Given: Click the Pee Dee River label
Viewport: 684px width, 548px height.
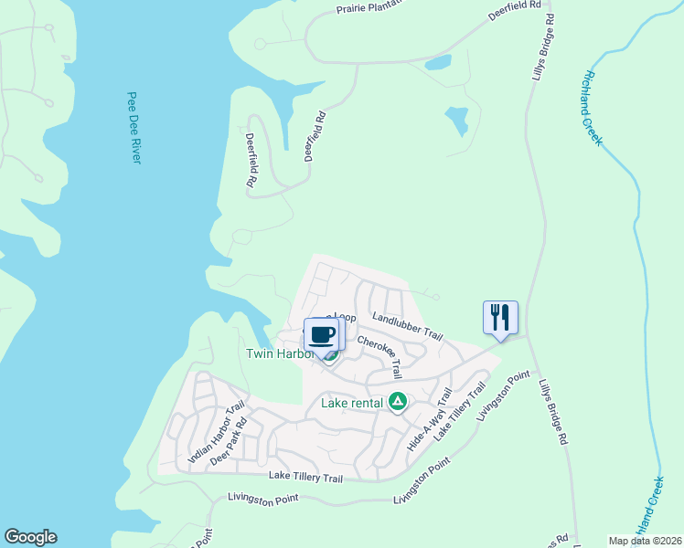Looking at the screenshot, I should pyautogui.click(x=134, y=127).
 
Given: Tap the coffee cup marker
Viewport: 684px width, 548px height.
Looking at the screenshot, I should pyautogui.click(x=321, y=334).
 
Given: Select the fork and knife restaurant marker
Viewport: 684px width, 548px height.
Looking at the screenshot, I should pyautogui.click(x=500, y=318).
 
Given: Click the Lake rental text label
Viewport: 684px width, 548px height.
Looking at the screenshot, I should pyautogui.click(x=352, y=402).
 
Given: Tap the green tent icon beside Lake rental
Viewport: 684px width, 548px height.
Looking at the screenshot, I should pyautogui.click(x=398, y=401).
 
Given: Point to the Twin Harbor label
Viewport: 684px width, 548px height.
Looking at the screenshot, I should pyautogui.click(x=279, y=353).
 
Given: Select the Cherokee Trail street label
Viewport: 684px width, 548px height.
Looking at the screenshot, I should pyautogui.click(x=379, y=355).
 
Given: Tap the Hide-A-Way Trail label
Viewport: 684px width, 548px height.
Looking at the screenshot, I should pyautogui.click(x=430, y=418).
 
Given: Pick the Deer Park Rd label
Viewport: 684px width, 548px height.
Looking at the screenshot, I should pyautogui.click(x=229, y=443).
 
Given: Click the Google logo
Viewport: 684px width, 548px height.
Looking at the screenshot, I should pyautogui.click(x=30, y=537).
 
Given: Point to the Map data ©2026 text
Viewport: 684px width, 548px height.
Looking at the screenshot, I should pyautogui.click(x=644, y=540).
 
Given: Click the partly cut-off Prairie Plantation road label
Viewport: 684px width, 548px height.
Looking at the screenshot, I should pyautogui.click(x=351, y=8).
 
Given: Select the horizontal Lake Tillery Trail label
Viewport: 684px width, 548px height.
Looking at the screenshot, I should pyautogui.click(x=306, y=477).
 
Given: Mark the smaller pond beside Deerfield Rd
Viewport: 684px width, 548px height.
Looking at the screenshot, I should pyautogui.click(x=438, y=62).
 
